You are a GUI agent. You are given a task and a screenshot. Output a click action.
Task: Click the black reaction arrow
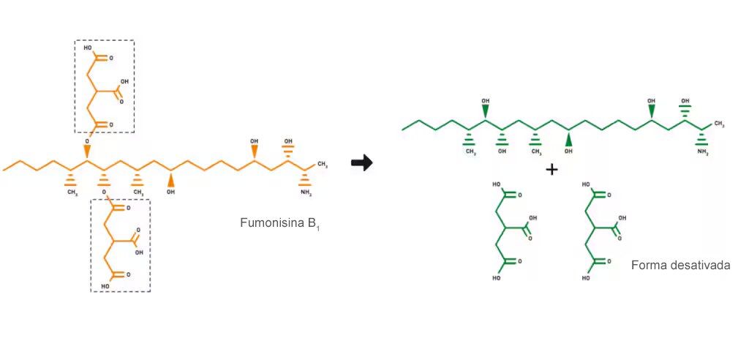click(x=361, y=163)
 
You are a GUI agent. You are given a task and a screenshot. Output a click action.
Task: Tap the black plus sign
click(x=552, y=169)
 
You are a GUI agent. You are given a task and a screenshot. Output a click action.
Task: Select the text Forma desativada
click(x=681, y=266)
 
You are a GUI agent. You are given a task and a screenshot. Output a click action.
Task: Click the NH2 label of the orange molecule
click(x=306, y=193)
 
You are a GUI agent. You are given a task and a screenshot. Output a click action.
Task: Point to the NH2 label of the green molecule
click(x=703, y=152)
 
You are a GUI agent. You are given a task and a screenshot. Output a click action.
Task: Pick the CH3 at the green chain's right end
click(x=719, y=124)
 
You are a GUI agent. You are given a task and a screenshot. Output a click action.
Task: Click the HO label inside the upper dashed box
click(x=88, y=48)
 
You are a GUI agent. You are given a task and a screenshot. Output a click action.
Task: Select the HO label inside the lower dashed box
click(x=105, y=287)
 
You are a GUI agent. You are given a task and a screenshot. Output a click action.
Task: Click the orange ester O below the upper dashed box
click(x=88, y=142)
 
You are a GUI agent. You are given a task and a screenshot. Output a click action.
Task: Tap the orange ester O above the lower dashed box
click(x=104, y=192)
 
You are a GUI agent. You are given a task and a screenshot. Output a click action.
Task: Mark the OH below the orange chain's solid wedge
click(x=170, y=192)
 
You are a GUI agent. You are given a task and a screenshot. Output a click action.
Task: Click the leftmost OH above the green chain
click(x=486, y=102)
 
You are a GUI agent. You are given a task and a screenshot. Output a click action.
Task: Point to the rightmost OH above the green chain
click(x=685, y=102)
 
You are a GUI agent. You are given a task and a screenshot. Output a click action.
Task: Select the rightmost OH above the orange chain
click(x=288, y=141)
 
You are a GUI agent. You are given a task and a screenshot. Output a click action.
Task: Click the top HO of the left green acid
click(x=496, y=182)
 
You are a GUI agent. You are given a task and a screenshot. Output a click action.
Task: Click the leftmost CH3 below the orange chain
click(x=72, y=192)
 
